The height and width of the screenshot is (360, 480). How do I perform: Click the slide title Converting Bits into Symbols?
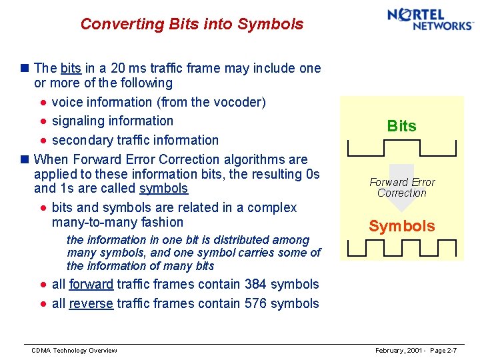[x=191, y=24]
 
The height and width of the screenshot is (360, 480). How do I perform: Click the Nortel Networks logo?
[x=430, y=19]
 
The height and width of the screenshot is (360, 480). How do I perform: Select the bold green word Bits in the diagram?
[x=401, y=126]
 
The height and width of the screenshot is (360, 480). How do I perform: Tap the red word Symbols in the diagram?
[x=401, y=226]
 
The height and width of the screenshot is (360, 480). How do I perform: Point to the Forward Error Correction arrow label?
[x=401, y=187]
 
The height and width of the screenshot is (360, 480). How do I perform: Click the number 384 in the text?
[x=255, y=284]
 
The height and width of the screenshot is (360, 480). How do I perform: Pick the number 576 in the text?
[x=255, y=303]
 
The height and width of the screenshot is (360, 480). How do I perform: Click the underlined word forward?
[x=91, y=284]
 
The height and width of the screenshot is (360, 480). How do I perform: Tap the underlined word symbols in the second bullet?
[x=163, y=189]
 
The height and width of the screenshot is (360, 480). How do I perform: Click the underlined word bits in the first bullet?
[x=70, y=68]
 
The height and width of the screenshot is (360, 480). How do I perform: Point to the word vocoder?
[x=239, y=102]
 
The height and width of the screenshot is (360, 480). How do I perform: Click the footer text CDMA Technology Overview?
[x=74, y=351]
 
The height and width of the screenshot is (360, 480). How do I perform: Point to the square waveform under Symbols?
[x=401, y=247]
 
